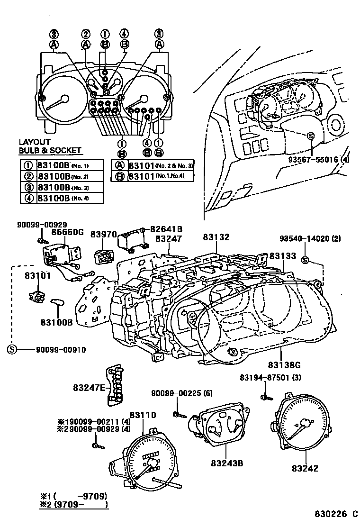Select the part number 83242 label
tap(305, 468)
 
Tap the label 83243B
tap(227, 463)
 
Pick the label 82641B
tap(166, 229)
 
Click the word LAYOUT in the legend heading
tap(34, 142)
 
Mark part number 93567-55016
tap(312, 160)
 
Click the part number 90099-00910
tap(60, 350)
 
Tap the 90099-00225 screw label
tap(175, 393)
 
